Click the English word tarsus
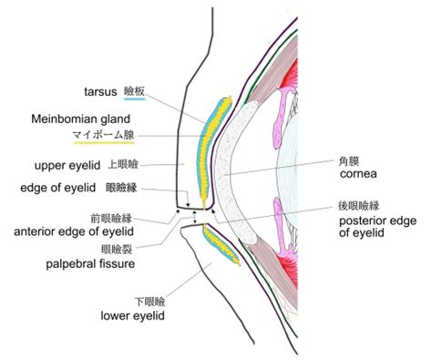98,91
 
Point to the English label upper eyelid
70,166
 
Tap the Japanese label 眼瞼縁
121,189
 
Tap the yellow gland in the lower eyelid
221,242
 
